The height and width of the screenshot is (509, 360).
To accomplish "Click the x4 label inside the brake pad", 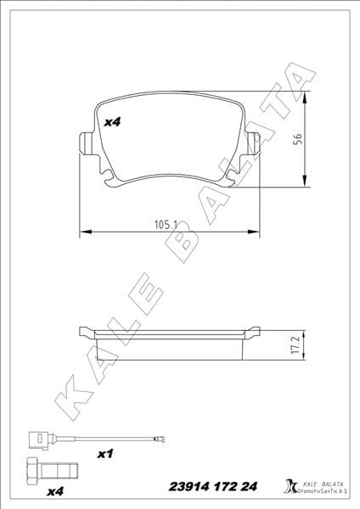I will click(112, 123).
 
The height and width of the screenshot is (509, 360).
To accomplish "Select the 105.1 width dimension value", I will click(165, 225).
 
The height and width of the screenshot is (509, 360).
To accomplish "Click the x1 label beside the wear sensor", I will click(105, 455).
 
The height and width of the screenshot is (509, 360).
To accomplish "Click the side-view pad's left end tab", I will click(86, 331).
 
